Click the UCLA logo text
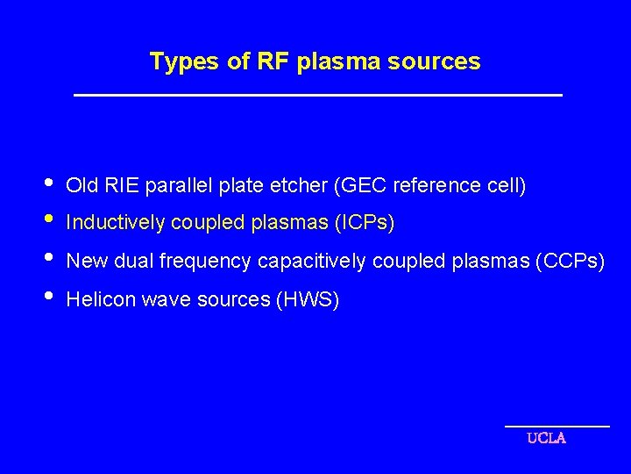tap(546, 438)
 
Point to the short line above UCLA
tap(557, 426)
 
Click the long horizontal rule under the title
tap(317, 95)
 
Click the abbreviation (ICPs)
tap(365, 224)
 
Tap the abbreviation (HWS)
tap(307, 300)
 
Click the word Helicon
tap(96, 300)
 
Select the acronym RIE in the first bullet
tap(123, 186)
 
